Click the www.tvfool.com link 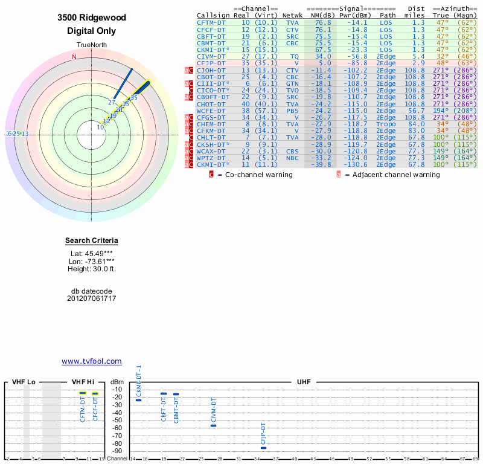tap(91, 361)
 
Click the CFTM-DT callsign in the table tap(211, 22)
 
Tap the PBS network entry tap(292, 111)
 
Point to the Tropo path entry tap(386, 124)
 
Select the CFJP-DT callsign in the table tap(211, 63)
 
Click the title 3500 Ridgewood tap(91, 18)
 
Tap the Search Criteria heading tap(91, 241)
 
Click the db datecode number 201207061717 tap(91, 298)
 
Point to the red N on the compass tap(74, 57)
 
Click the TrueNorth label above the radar tap(91, 45)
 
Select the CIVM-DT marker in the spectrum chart tap(213, 425)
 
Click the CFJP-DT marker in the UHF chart tap(263, 448)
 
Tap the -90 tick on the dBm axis tap(117, 451)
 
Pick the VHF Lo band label tap(24, 382)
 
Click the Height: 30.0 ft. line tap(91, 269)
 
